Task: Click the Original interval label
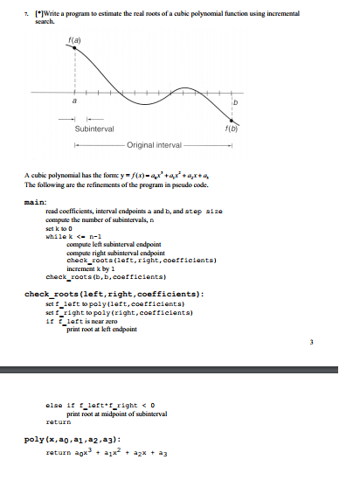[x=154, y=144]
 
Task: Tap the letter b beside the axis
[x=234, y=103]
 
